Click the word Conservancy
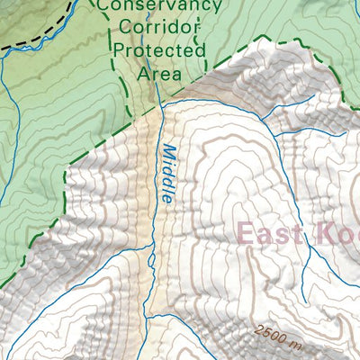[x=159, y=7]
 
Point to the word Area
[x=158, y=73]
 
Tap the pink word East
[x=269, y=233]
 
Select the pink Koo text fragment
[x=337, y=233]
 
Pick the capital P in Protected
[x=120, y=51]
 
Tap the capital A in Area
[x=142, y=73]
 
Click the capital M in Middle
[x=168, y=149]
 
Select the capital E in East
[x=245, y=233]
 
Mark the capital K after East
[x=321, y=233]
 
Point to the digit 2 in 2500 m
[x=258, y=330]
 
